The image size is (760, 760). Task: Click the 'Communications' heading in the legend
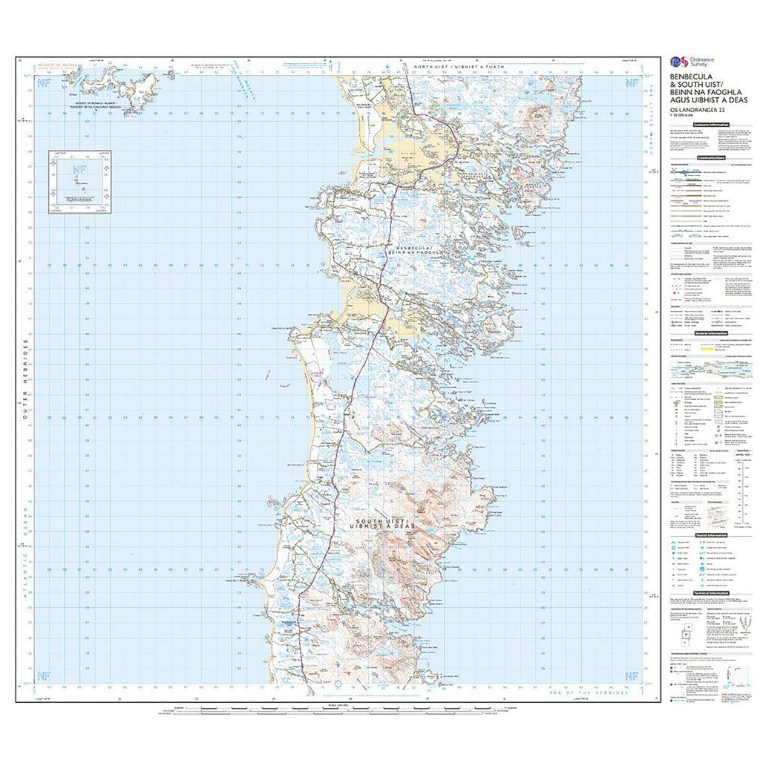coord(711,158)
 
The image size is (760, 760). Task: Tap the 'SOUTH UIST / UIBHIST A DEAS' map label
coord(384,525)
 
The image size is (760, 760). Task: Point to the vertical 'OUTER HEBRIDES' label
coord(24,383)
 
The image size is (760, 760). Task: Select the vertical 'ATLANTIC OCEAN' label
coord(24,549)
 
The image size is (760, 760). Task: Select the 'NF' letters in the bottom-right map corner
coord(631,675)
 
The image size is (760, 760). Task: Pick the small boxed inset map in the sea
coord(80,182)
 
